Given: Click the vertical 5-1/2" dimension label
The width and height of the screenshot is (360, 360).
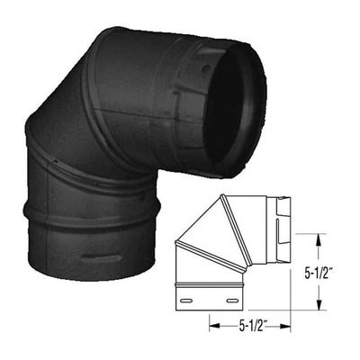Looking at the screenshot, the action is coord(319,274).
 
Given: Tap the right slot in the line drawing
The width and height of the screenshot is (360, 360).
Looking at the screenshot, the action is coord(232,300).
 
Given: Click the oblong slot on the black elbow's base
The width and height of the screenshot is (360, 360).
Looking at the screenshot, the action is coord(101,256).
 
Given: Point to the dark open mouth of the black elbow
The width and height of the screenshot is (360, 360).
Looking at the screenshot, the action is coord(234,110).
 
